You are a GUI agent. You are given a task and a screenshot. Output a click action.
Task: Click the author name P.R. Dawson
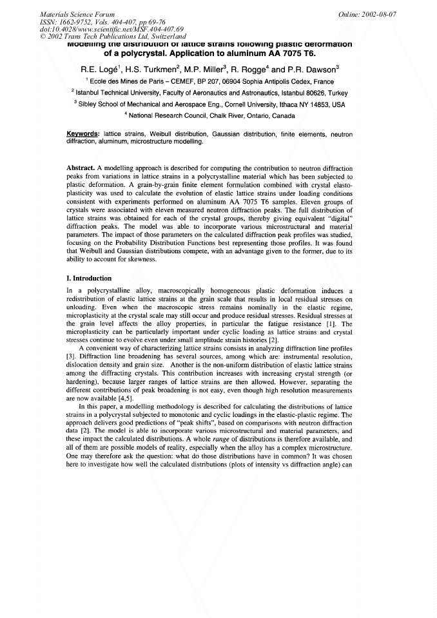(x=315, y=69)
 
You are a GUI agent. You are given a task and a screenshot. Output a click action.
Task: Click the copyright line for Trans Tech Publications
(x=113, y=35)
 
